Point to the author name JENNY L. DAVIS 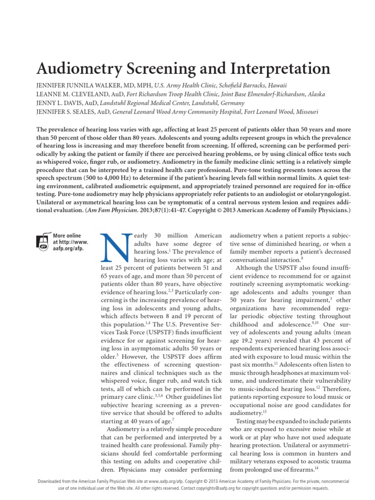[x=59, y=103]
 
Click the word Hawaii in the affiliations [x=276, y=85]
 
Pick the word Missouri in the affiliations [x=305, y=112]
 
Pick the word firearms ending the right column [x=300, y=470]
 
